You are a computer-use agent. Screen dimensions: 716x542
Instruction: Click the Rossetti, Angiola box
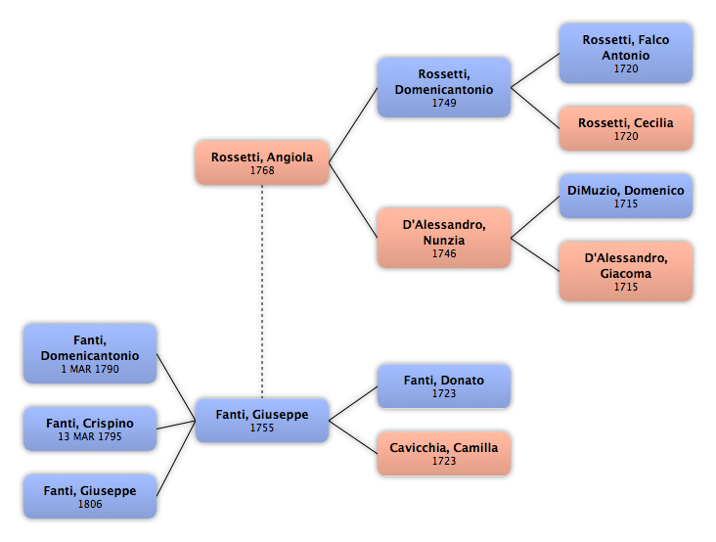pyautogui.click(x=262, y=162)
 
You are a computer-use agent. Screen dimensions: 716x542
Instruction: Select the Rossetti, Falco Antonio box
pyautogui.click(x=626, y=54)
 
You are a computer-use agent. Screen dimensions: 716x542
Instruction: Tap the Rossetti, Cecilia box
pyautogui.click(x=626, y=128)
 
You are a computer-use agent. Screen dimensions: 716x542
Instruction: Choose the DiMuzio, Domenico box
pyautogui.click(x=626, y=196)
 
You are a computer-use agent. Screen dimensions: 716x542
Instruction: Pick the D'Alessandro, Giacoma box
pyautogui.click(x=626, y=271)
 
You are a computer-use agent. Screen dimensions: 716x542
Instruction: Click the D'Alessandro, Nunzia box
pyautogui.click(x=444, y=238)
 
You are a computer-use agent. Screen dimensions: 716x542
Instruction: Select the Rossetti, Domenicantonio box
pyautogui.click(x=444, y=87)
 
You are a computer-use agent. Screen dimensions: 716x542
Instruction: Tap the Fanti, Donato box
pyautogui.click(x=444, y=385)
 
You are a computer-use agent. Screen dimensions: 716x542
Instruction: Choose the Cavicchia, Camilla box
pyautogui.click(x=444, y=453)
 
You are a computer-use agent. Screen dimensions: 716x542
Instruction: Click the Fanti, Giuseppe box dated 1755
pyautogui.click(x=262, y=420)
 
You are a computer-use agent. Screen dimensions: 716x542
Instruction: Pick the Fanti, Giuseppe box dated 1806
pyautogui.click(x=90, y=496)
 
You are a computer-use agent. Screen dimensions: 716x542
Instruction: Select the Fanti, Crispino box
pyautogui.click(x=90, y=429)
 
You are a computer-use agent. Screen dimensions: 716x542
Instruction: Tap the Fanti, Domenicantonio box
pyautogui.click(x=90, y=353)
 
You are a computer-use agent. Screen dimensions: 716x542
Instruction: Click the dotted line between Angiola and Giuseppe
pyautogui.click(x=262, y=292)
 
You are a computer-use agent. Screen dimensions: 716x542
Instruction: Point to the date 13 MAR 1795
pyautogui.click(x=90, y=436)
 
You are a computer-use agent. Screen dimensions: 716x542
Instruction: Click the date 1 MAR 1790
pyautogui.click(x=90, y=369)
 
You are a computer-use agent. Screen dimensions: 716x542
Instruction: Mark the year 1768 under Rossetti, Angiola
pyautogui.click(x=262, y=170)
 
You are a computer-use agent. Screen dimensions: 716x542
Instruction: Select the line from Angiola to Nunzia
pyautogui.click(x=353, y=201)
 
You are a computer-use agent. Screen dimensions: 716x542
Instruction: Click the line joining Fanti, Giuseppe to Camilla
pyautogui.click(x=353, y=437)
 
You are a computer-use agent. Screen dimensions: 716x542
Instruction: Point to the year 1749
pyautogui.click(x=444, y=103)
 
